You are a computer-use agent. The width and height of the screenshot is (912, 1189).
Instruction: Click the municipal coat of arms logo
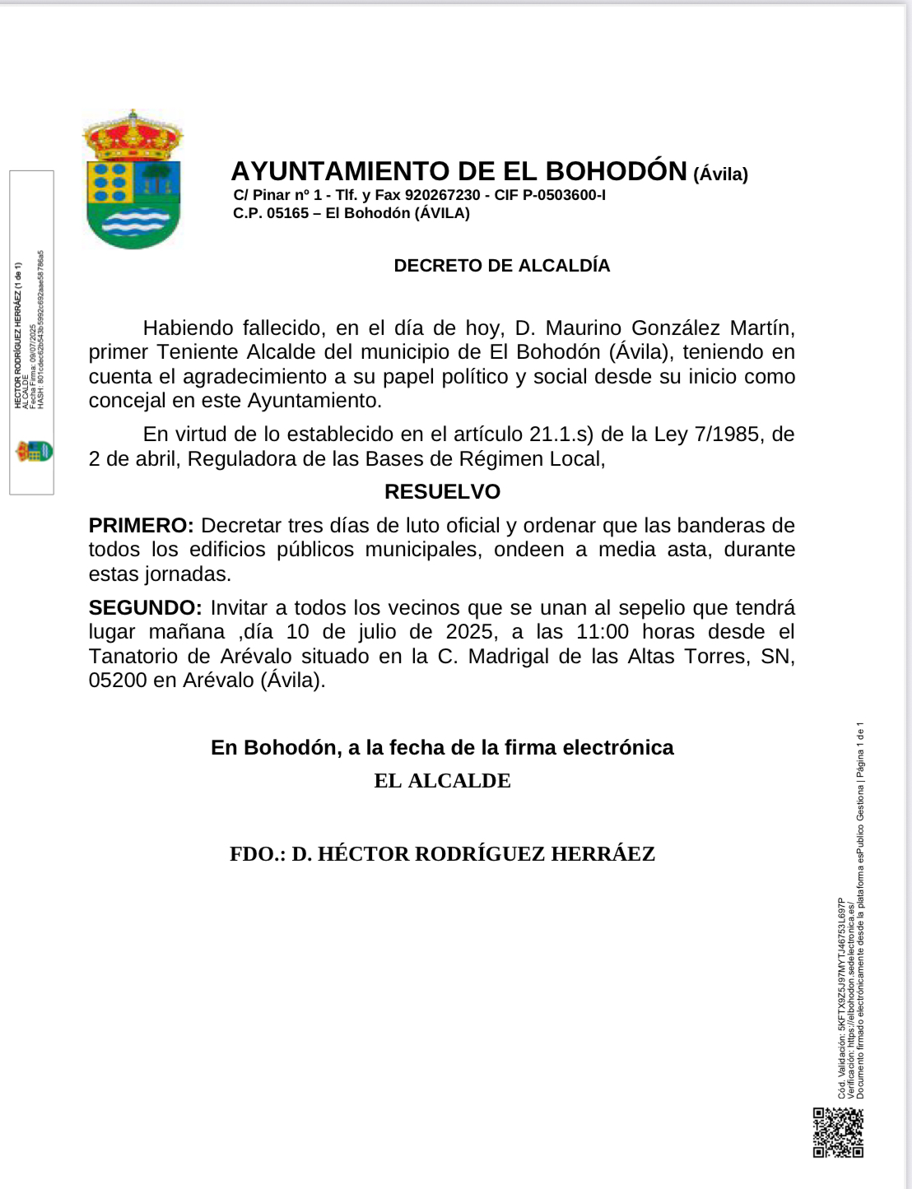(x=133, y=179)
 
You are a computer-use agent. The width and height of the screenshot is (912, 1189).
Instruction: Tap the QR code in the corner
(x=838, y=1132)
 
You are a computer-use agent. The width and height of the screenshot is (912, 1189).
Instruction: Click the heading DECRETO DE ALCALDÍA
(x=502, y=266)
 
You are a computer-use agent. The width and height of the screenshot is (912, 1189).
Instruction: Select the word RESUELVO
(x=442, y=492)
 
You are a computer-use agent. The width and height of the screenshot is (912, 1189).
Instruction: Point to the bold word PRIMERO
(x=141, y=526)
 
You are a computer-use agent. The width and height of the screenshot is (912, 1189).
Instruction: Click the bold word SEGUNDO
(x=145, y=608)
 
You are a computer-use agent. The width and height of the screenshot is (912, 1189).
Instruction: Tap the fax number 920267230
(x=442, y=195)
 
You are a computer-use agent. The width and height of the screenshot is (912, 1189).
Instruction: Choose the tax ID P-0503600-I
(x=564, y=195)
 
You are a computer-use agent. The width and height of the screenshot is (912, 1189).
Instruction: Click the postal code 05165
(x=287, y=213)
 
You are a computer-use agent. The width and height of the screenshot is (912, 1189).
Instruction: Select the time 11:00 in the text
(x=603, y=632)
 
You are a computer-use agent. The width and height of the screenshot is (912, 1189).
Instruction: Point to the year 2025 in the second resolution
(x=470, y=632)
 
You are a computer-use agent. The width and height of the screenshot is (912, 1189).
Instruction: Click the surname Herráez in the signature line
(x=603, y=854)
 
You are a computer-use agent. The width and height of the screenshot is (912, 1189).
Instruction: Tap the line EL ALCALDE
(x=442, y=781)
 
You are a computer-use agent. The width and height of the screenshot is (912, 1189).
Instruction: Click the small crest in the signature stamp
(x=34, y=451)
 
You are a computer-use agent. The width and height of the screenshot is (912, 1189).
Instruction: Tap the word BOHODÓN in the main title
(x=617, y=171)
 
